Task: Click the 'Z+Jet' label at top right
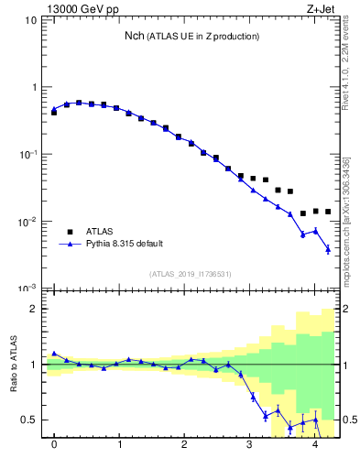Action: (x=328, y=8)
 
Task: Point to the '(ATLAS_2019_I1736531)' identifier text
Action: (x=191, y=274)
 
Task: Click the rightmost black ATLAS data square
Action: (x=328, y=212)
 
